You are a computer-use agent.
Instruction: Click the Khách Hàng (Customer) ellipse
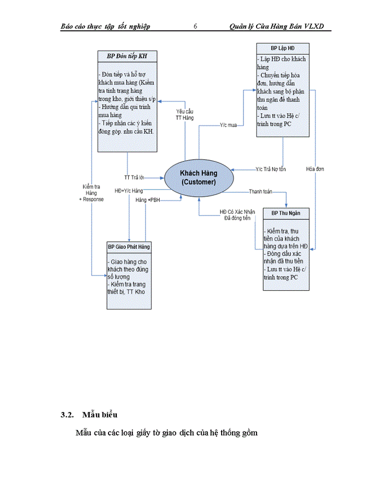click(198, 177)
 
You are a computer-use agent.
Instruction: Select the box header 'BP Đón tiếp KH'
click(127, 56)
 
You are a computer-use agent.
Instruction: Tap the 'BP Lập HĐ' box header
click(283, 49)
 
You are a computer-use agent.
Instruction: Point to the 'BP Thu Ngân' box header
click(286, 213)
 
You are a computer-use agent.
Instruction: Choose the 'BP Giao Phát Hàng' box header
click(129, 246)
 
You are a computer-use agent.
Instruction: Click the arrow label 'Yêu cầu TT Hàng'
click(185, 115)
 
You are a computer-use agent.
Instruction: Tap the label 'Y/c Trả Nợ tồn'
click(271, 169)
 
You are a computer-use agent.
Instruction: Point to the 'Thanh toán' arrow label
click(260, 192)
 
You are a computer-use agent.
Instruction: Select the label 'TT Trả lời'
click(134, 176)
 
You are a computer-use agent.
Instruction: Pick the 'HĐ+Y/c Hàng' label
click(129, 191)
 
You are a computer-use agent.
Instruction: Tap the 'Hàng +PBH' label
click(148, 200)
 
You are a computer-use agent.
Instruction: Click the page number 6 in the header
click(195, 26)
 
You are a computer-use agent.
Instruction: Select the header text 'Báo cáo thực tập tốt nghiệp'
click(105, 26)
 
